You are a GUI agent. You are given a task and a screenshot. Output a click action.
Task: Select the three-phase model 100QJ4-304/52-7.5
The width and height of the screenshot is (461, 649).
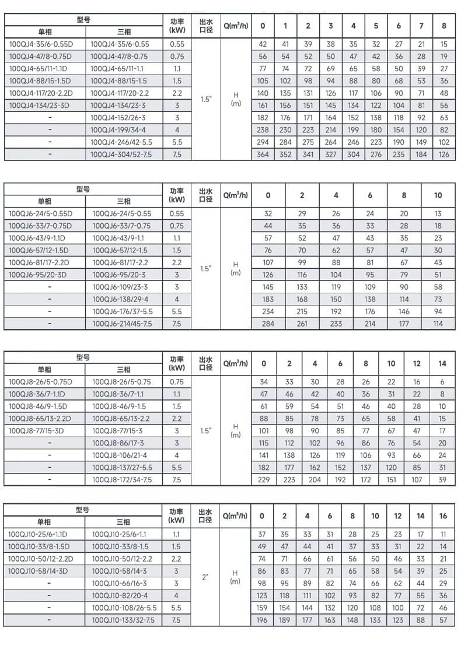[123, 155]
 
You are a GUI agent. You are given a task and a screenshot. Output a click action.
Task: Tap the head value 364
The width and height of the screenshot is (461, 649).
[263, 155]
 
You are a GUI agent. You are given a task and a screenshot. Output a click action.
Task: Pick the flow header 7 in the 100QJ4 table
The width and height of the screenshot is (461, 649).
[421, 26]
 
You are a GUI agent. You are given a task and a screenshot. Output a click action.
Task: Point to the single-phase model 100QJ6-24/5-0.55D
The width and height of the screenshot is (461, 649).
[40, 213]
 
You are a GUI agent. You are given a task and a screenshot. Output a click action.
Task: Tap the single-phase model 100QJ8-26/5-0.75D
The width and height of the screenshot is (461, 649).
[40, 382]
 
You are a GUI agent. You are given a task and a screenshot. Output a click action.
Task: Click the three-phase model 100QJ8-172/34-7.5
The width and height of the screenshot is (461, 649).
[122, 479]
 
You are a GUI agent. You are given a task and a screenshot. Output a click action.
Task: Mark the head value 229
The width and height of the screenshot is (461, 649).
[264, 479]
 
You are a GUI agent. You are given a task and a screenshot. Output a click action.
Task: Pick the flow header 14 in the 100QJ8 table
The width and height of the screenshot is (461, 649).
[442, 363]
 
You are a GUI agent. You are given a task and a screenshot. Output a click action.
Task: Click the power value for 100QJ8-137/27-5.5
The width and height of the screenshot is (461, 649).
[177, 467]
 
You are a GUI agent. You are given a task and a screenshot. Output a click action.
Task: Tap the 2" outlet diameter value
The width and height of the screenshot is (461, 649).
[205, 577]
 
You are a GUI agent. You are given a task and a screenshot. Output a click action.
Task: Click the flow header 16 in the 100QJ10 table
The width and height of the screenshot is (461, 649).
[443, 515]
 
